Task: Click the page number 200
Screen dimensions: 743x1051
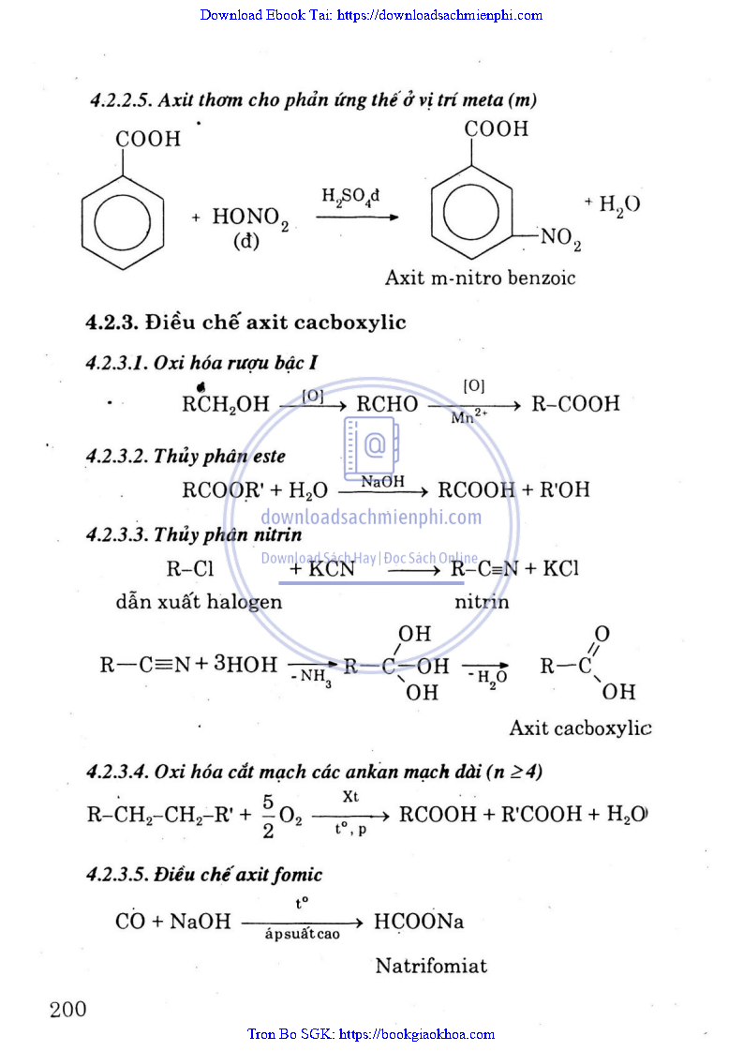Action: coord(67,1009)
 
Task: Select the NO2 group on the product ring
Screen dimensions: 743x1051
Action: coord(561,240)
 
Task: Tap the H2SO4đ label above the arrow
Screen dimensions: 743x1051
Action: coord(350,198)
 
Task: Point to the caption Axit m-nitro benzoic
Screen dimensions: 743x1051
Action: coord(480,278)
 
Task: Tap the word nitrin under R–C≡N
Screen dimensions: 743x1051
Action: coord(482,602)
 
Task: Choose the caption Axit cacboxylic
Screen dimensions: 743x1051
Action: coord(580,728)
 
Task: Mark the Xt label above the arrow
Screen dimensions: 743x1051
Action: coord(351,796)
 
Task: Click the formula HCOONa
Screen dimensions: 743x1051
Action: coord(419,922)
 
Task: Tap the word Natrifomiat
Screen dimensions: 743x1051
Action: coord(431,966)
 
